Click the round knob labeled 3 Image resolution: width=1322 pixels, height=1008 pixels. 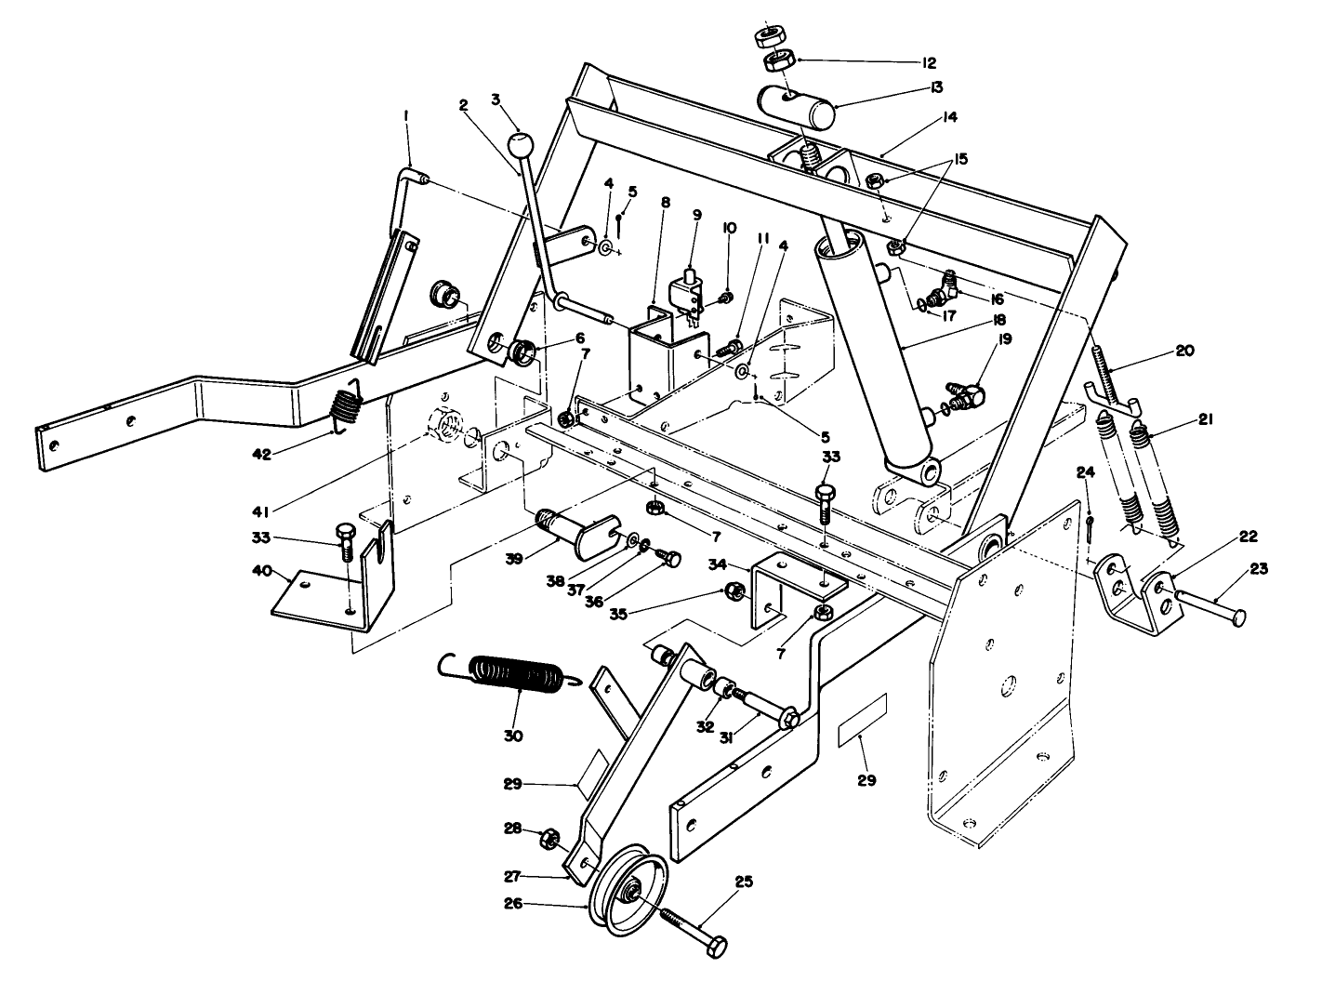(x=521, y=145)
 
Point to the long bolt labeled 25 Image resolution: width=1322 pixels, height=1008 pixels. (x=695, y=931)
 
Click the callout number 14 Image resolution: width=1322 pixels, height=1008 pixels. (x=949, y=117)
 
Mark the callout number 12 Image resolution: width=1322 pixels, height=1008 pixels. (x=928, y=63)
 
